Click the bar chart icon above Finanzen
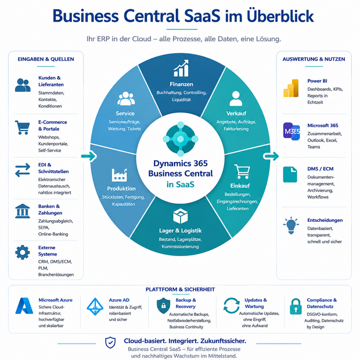pos(181,68)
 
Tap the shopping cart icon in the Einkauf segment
pos(242,171)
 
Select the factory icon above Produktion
pos(120,175)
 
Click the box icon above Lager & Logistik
pos(181,216)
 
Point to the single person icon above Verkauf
pos(236,99)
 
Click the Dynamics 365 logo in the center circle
pos(181,139)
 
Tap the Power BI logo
pos(291,88)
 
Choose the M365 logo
pos(291,131)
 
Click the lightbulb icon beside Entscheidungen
pos(291,225)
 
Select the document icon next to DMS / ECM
pos(290,175)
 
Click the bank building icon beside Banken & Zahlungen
pos(23,211)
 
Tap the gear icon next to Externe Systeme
pos(23,253)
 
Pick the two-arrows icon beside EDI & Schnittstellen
pos(23,170)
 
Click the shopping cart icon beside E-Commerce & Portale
pos(22,127)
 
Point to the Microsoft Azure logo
pos(24,306)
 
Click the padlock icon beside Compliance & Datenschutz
pos(296,306)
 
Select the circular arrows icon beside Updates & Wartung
pos(232,305)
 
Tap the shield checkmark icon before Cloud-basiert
pos(110,343)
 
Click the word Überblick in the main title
pos(280,16)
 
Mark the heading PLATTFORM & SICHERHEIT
pos(180,289)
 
